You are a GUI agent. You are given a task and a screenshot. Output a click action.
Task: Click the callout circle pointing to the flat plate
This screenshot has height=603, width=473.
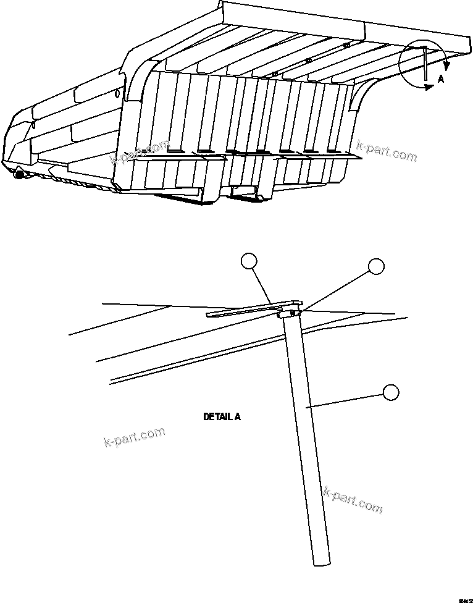coord(248,262)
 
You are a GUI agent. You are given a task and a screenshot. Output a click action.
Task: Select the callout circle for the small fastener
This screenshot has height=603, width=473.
coord(376,266)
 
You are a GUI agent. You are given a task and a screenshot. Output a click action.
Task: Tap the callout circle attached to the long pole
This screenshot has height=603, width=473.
coord(390,392)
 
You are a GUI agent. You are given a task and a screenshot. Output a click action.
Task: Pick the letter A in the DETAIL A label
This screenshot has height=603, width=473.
coord(238,417)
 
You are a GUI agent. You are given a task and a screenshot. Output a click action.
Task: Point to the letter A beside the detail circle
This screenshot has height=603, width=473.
coord(440,79)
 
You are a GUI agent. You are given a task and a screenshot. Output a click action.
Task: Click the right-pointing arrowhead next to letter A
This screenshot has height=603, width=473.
coord(429,88)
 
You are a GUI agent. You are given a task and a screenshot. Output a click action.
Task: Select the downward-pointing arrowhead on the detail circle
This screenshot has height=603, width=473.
coord(446,64)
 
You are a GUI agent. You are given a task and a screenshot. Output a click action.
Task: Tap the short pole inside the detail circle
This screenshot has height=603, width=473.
coord(425,63)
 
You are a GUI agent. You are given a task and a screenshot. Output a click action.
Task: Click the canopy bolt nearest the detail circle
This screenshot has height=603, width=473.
coord(346,45)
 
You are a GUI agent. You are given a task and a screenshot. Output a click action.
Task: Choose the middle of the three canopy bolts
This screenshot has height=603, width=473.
coord(308,61)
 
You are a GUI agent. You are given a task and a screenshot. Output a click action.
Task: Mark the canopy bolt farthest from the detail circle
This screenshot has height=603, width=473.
coord(274,74)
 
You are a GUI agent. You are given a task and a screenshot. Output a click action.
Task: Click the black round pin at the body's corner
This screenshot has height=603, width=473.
coord(19,175)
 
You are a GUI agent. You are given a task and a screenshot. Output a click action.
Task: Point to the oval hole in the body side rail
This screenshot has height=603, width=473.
coord(117,94)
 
